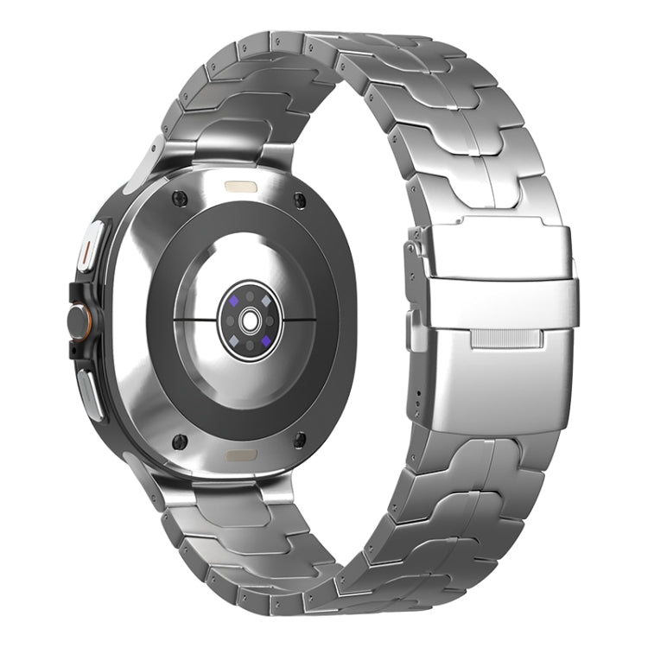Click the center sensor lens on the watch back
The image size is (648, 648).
tap(251, 320)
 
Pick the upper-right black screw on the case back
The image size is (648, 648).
tap(299, 200)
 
